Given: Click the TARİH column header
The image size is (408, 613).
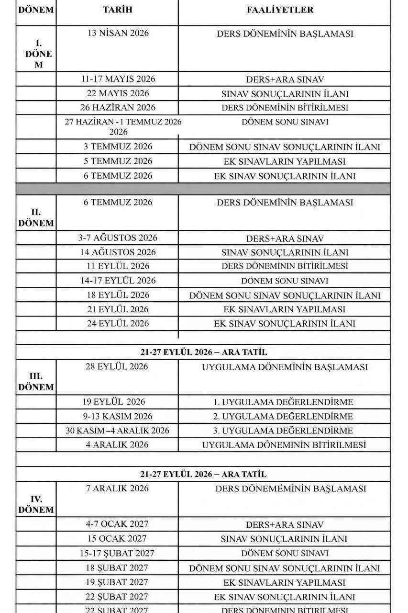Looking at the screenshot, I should click(117, 10).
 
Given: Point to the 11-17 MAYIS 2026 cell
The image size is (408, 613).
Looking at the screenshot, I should click(117, 79).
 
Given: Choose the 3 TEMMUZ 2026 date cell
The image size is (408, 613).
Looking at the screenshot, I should click(118, 147).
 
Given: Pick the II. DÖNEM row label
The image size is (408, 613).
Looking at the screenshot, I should click(36, 217).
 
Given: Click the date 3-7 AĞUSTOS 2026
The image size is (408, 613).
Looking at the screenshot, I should click(118, 238).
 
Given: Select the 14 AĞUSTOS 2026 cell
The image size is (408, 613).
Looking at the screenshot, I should click(118, 252).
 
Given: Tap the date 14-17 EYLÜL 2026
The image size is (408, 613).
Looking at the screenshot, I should click(118, 280).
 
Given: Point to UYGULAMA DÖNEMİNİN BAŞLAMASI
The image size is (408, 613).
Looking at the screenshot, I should click(285, 367).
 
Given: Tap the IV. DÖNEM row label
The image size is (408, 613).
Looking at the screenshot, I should click(36, 504).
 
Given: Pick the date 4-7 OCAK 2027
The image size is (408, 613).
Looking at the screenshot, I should click(117, 524).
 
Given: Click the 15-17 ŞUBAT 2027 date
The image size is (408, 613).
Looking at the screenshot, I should click(117, 553).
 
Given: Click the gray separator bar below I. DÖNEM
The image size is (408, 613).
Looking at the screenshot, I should click(203, 189).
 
